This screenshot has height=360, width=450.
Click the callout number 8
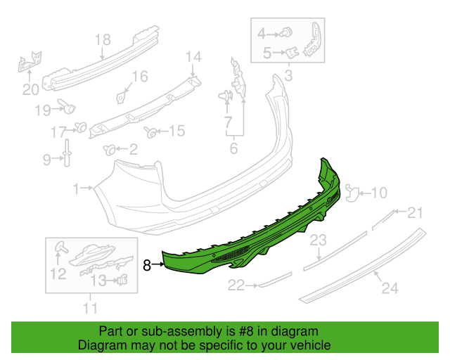[147, 265]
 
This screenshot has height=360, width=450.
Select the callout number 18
[103, 39]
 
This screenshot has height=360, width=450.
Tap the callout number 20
[30, 89]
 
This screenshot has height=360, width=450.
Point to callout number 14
[193, 56]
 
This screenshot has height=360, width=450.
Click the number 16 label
[140, 77]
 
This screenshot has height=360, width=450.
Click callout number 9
[47, 160]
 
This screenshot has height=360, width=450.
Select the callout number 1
[76, 188]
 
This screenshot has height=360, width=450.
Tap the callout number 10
[379, 192]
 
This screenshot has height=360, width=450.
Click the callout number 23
[319, 241]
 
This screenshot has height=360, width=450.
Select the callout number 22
[235, 285]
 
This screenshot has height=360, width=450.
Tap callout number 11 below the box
[90, 307]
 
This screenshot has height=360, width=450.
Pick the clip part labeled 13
[124, 281]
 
